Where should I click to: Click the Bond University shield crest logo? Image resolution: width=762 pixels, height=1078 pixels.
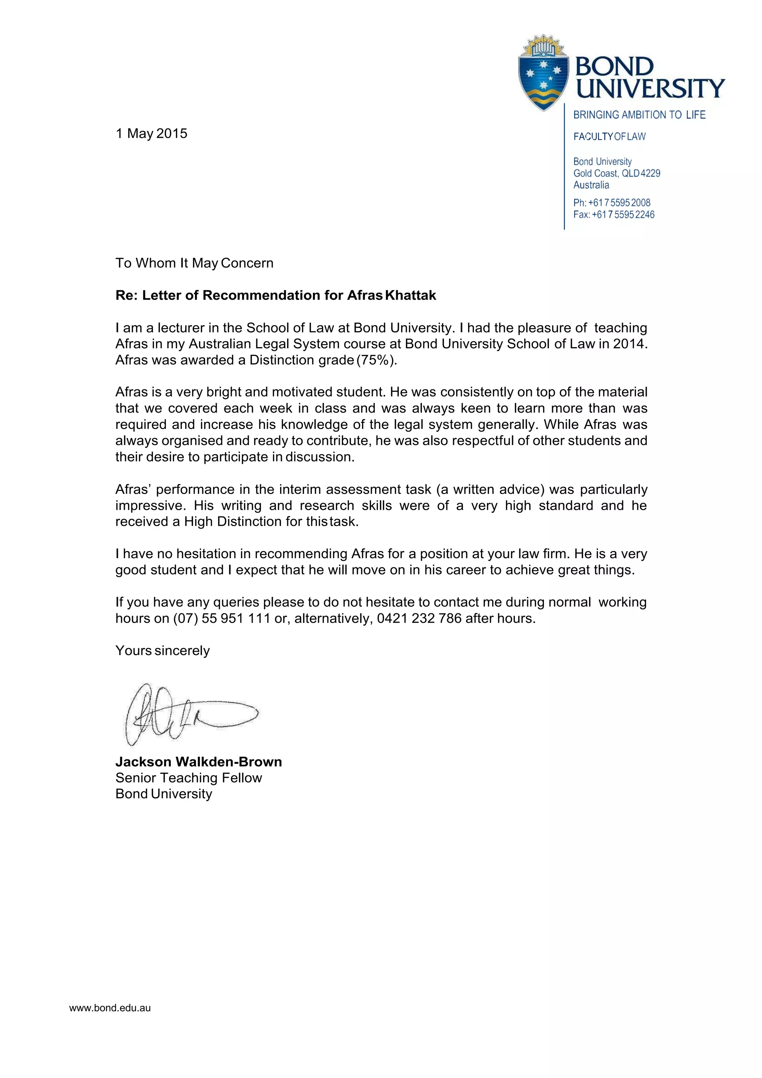[543, 74]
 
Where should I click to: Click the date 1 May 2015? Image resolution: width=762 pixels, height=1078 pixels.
[151, 133]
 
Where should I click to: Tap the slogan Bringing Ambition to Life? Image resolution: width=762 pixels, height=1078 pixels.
[639, 115]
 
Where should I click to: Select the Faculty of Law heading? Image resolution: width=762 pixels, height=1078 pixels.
[609, 137]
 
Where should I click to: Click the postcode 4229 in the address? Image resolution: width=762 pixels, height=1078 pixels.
[650, 173]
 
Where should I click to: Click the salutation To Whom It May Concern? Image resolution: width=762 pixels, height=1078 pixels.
[194, 263]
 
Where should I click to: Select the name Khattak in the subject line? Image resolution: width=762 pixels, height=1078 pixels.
[410, 295]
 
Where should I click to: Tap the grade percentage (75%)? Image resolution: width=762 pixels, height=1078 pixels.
[376, 360]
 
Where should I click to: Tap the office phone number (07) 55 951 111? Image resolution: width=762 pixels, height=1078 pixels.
[221, 619]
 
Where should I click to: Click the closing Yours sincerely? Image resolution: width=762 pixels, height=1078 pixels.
[162, 651]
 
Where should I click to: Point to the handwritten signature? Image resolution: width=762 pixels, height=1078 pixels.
[188, 714]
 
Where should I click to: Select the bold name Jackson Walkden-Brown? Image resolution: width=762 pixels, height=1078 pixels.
[198, 761]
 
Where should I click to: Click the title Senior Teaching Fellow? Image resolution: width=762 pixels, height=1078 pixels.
[189, 778]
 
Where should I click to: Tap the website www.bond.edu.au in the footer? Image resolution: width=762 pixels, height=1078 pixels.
[110, 1008]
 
